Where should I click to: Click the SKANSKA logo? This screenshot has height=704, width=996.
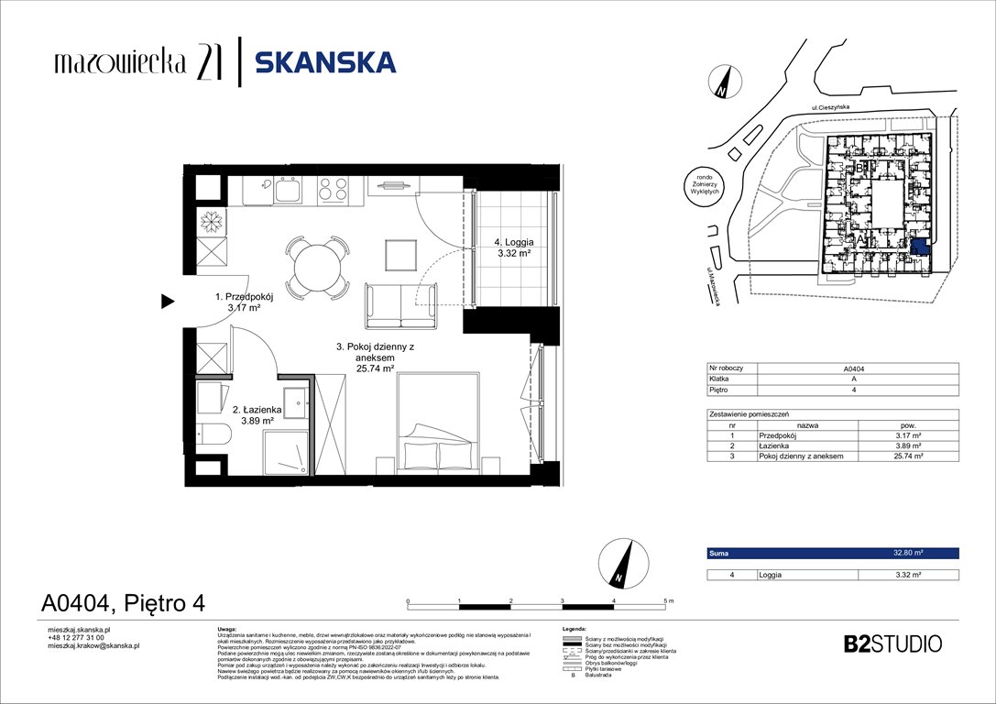tap(324, 62)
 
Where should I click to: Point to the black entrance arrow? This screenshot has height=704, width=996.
tap(168, 300)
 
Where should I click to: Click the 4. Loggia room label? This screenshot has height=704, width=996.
tap(509, 243)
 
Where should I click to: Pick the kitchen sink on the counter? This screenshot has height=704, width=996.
tap(290, 191)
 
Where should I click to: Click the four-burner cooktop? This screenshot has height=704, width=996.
tap(332, 190)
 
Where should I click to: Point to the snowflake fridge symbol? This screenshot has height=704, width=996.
tap(212, 221)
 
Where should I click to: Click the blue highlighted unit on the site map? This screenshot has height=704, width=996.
tap(919, 247)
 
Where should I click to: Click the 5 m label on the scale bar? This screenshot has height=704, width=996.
tap(666, 600)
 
